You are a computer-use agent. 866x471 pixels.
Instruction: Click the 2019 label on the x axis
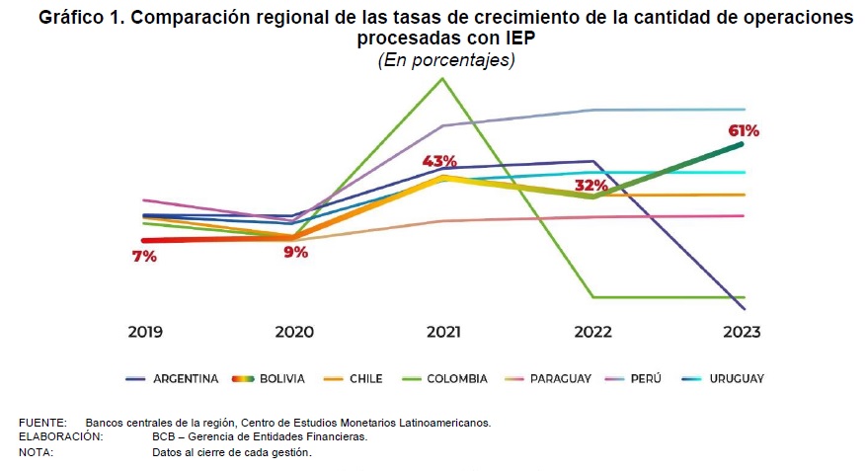click(145, 332)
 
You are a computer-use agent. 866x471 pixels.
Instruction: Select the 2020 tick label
click(293, 332)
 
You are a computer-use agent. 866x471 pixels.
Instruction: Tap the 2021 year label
click(442, 332)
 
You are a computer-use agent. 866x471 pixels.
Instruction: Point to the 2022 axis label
click(592, 332)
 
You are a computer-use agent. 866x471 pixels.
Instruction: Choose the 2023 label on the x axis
click(741, 332)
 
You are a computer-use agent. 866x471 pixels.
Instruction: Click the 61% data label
click(744, 130)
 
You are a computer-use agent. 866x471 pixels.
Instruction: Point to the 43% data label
click(439, 161)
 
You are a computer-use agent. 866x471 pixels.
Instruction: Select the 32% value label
click(590, 185)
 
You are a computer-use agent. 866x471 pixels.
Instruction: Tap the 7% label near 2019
click(144, 257)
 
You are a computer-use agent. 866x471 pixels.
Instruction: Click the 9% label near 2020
click(295, 252)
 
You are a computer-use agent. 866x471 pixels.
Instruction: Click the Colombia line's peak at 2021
click(442, 78)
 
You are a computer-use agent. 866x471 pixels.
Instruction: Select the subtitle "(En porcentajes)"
click(446, 60)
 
